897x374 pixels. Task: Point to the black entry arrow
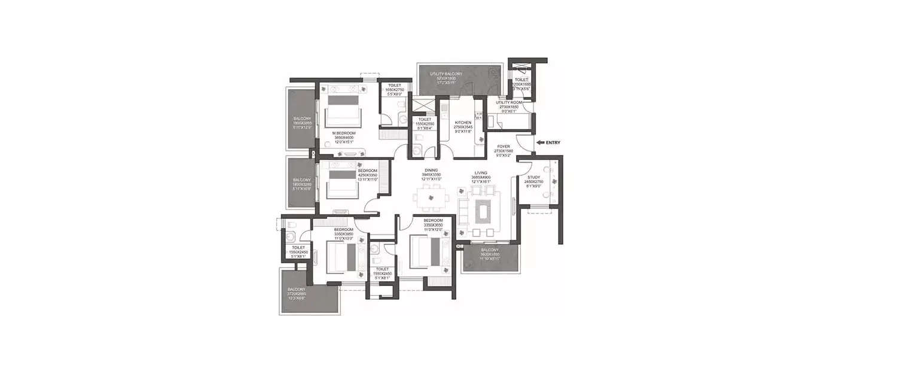pos(540,142)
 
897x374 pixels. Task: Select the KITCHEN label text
pos(463,123)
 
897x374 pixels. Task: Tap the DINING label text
pos(431,171)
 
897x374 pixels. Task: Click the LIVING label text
pos(480,172)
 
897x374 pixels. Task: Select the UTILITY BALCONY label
pos(446,74)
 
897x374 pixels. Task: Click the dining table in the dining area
pos(431,197)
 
